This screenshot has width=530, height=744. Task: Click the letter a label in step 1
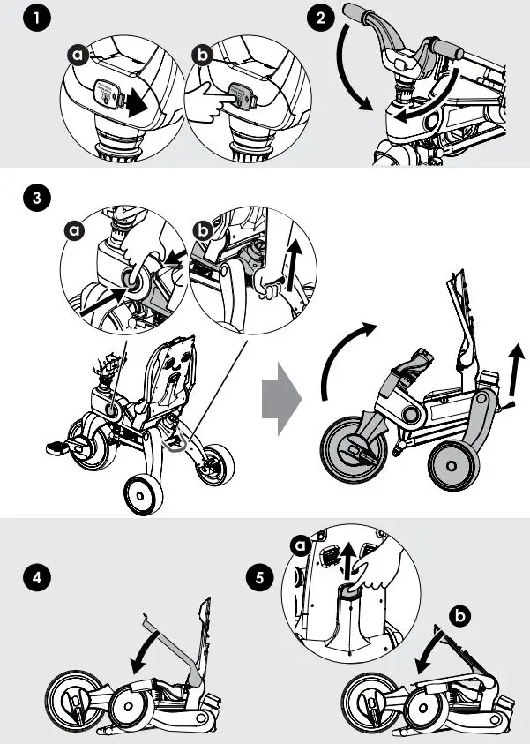78,56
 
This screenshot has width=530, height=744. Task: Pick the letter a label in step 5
302,547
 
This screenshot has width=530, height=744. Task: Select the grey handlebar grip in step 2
362,16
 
